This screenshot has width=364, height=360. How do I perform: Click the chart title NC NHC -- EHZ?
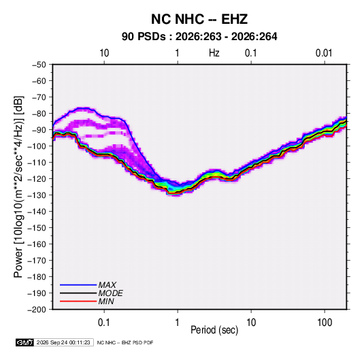[x=199, y=19]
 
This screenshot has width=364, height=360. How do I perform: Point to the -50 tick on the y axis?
[x=39, y=65]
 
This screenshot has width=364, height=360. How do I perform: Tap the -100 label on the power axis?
[x=37, y=146]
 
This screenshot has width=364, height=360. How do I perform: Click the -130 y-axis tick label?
[x=37, y=195]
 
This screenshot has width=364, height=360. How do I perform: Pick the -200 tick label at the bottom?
[x=37, y=310]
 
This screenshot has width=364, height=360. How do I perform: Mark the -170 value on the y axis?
[x=37, y=261]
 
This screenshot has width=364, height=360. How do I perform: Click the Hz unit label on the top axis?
[x=214, y=53]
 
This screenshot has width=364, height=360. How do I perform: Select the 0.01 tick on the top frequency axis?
[x=324, y=53]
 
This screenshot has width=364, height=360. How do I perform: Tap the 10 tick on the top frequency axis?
[x=104, y=53]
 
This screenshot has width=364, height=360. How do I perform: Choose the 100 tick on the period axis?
[x=325, y=323]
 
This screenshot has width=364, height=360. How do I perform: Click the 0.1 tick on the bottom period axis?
[x=103, y=323]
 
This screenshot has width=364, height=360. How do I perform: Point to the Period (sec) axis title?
[x=214, y=330]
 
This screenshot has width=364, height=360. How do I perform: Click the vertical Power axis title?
[x=18, y=186]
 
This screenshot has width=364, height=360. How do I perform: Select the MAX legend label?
[x=107, y=285]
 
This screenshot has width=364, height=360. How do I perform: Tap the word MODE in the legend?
[x=110, y=293]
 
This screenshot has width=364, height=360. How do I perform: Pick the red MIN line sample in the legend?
[x=78, y=301]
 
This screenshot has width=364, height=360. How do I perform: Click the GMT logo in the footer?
[x=25, y=342]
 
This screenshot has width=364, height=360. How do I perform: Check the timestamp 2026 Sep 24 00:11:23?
[x=63, y=342]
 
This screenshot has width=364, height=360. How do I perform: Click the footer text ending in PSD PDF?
[x=125, y=343]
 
